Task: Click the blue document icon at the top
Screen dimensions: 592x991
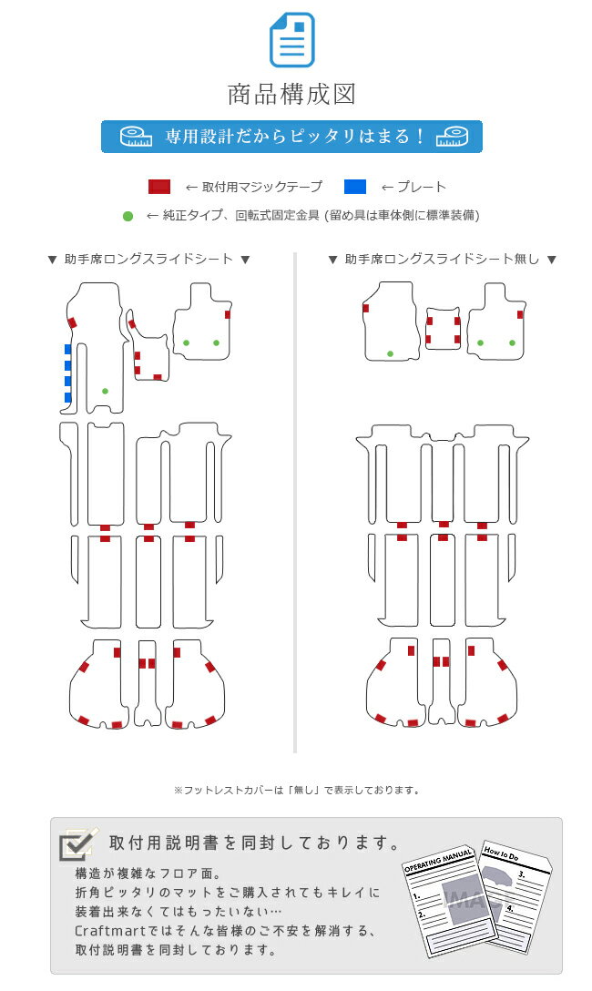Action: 291,40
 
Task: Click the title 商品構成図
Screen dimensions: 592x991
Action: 291,94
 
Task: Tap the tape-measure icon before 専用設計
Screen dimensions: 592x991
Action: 136,137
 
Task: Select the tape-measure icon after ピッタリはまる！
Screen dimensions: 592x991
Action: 452,137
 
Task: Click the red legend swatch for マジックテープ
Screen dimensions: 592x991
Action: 159,187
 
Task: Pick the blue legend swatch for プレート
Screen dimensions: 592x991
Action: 355,187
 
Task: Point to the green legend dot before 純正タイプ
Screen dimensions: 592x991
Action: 128,216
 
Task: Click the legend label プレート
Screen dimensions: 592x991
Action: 422,187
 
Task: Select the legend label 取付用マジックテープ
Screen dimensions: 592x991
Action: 262,187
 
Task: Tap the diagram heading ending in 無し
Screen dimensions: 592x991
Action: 443,259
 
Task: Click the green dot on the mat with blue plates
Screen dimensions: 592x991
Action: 105,392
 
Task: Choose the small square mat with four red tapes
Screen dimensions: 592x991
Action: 443,329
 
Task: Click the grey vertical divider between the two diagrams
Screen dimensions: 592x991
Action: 295,503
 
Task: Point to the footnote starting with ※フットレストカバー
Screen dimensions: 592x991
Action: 297,790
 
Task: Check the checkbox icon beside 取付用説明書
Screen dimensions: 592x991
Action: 77,843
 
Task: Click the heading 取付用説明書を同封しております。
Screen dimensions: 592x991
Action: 255,843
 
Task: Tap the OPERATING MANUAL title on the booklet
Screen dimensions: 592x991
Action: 438,861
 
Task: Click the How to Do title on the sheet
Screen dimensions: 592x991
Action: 501,853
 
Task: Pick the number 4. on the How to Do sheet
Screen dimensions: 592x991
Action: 509,908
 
